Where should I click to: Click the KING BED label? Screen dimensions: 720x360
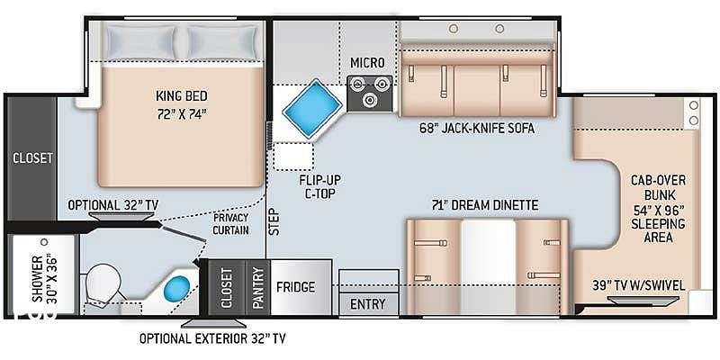(182, 96)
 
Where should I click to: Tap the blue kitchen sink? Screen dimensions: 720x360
(312, 108)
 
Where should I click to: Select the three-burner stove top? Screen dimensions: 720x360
(370, 94)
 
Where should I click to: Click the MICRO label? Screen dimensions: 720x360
(367, 62)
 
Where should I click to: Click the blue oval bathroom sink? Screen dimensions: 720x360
(177, 289)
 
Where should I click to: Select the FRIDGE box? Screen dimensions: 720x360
(301, 287)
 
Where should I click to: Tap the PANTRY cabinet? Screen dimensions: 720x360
(258, 287)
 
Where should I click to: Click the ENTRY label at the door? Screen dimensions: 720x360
(368, 304)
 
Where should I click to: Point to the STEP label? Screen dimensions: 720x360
(274, 221)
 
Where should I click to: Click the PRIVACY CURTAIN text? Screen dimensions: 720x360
(231, 223)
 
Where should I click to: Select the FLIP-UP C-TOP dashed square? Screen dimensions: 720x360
(293, 157)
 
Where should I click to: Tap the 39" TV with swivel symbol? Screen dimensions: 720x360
(643, 301)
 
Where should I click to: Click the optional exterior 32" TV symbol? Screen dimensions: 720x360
(213, 323)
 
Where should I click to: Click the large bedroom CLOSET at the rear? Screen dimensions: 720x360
(32, 158)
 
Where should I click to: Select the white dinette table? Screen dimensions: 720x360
(489, 266)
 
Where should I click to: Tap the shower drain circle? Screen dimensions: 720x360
(44, 241)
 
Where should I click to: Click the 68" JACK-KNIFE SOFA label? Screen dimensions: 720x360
(477, 128)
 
